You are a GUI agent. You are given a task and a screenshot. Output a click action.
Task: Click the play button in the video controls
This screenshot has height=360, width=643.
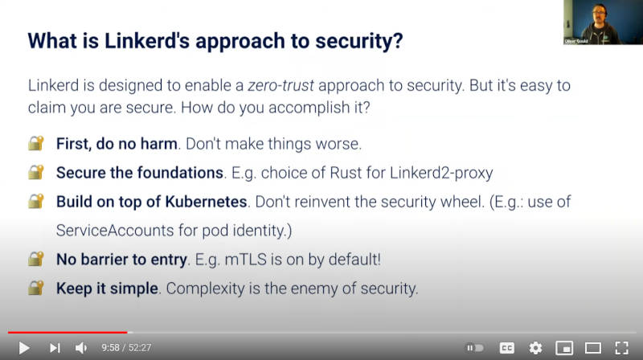[x=24, y=348]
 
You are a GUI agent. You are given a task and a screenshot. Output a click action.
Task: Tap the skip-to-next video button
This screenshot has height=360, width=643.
[x=55, y=348]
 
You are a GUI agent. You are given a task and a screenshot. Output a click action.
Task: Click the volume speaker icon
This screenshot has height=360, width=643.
[x=81, y=348]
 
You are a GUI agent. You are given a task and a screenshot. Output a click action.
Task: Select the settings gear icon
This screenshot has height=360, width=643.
[x=535, y=348]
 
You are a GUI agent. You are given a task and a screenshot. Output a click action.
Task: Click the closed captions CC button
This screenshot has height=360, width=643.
[x=507, y=348]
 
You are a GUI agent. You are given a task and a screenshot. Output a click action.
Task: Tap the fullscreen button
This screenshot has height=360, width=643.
[x=621, y=348]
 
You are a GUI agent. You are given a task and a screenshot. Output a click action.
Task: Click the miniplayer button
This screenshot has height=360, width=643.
[x=564, y=348]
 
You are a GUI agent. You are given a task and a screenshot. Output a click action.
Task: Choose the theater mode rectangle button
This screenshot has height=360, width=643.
[x=593, y=348]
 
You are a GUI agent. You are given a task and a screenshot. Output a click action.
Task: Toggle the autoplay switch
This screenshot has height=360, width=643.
[x=475, y=348]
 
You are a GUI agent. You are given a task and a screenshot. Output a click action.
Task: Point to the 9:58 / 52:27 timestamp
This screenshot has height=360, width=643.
[x=126, y=348]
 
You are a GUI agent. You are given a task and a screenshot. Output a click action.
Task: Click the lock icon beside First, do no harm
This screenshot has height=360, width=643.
[x=36, y=144]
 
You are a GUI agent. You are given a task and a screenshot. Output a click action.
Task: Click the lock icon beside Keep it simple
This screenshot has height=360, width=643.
[x=36, y=288]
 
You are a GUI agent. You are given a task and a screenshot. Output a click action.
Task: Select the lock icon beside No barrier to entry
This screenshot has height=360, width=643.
[x=36, y=259]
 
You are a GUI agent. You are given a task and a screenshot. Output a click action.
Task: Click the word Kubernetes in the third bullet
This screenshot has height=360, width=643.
[x=206, y=202]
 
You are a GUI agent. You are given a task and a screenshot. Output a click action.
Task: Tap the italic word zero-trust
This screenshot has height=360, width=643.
[x=281, y=85]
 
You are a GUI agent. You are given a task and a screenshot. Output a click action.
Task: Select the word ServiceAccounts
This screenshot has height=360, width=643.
[x=115, y=231]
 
